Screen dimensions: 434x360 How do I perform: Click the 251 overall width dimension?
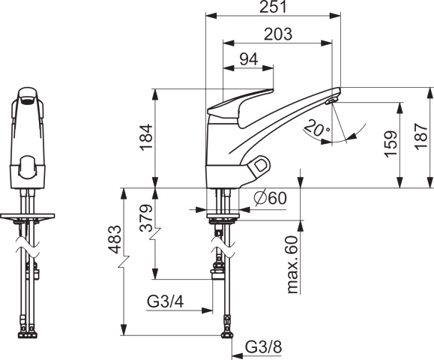[273, 7]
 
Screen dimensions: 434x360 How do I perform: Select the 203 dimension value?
[278, 34]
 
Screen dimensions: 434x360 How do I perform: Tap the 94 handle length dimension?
[249, 59]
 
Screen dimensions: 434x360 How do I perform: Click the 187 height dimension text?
[421, 136]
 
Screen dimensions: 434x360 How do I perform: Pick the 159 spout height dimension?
[391, 144]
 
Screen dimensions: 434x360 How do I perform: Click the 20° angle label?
[317, 128]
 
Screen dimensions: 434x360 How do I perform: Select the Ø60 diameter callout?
[271, 198]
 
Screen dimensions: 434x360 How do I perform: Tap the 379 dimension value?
[146, 218]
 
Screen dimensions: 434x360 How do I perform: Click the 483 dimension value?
[115, 239]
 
